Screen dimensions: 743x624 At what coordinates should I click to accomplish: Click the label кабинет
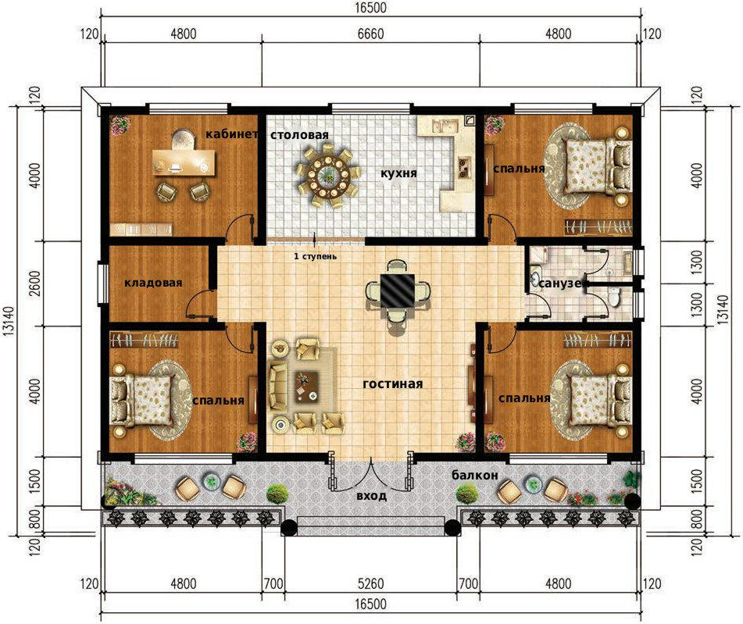coord(231,134)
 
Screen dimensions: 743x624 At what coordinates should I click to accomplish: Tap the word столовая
coord(299,135)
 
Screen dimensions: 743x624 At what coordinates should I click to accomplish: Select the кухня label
coord(399,173)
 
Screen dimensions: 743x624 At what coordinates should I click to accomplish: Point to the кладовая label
coord(153,283)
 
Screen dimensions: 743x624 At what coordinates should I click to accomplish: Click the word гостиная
coord(392,383)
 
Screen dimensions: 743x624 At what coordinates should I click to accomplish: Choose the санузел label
coord(563,283)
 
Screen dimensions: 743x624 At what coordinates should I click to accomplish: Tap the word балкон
coord(475,475)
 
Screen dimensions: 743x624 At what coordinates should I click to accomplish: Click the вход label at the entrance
coord(372,496)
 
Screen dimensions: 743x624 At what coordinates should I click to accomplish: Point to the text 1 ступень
coord(315,256)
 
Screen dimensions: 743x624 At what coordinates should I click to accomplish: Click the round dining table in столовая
coord(328,177)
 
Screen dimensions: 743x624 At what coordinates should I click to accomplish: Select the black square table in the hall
coord(398,290)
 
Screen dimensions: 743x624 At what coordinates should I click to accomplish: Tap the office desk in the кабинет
coord(184,162)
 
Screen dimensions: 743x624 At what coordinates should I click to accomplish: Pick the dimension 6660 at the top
coord(370,34)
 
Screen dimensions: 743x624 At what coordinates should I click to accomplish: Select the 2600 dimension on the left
coord(35,283)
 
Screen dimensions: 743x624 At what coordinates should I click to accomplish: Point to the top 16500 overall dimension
coord(370,8)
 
